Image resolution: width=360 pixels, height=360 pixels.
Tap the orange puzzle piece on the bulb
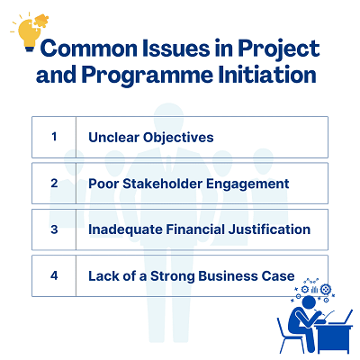click(41, 22)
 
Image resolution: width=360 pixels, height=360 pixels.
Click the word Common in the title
click(89, 49)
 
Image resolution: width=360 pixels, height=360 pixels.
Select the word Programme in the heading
click(148, 75)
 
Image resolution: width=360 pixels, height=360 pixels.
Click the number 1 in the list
click(54, 137)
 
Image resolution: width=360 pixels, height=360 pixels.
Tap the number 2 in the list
click(54, 183)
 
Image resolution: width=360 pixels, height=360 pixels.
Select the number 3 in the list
click(54, 229)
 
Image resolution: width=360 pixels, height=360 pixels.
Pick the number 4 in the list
click(54, 275)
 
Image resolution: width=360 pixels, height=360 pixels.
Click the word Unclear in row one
click(114, 137)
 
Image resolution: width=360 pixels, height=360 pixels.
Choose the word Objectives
click(178, 138)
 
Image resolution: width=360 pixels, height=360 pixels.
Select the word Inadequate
click(125, 230)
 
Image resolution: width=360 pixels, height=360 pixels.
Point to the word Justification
click(269, 229)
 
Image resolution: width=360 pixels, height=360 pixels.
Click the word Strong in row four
click(172, 276)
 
